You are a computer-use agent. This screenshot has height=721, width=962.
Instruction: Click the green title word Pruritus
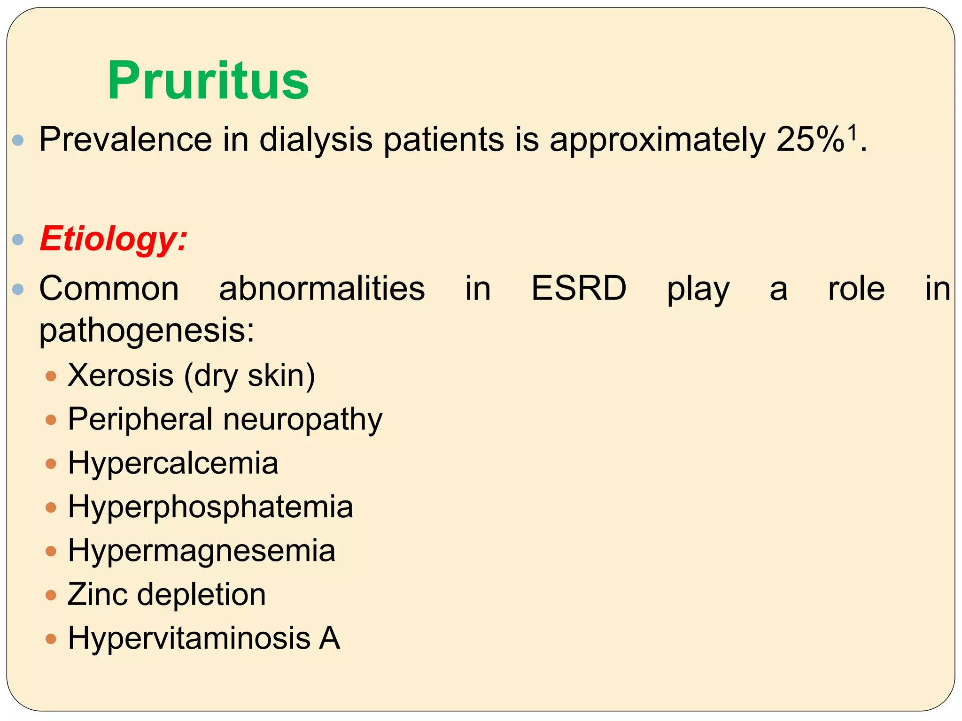pyautogui.click(x=208, y=81)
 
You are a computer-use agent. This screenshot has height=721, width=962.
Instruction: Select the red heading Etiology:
pyautogui.click(x=114, y=239)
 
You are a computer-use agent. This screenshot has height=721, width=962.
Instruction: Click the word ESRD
pyautogui.click(x=579, y=288)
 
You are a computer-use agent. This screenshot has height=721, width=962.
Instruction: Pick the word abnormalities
pyautogui.click(x=322, y=288)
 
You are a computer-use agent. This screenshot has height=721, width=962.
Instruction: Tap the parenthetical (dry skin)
pyautogui.click(x=249, y=376)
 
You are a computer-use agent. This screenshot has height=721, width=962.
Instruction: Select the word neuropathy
pyautogui.click(x=303, y=419)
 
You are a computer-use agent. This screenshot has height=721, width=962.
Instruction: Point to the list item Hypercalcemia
pyautogui.click(x=173, y=463)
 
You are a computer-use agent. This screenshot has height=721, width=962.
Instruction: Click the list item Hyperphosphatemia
pyautogui.click(x=210, y=507)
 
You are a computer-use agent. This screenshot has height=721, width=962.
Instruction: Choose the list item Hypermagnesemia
pyautogui.click(x=202, y=551)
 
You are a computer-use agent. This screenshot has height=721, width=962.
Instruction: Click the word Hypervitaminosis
pyautogui.click(x=189, y=638)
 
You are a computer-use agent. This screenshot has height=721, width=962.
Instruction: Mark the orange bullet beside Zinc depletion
pyautogui.click(x=51, y=595)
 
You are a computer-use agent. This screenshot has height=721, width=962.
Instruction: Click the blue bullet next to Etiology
pyautogui.click(x=18, y=240)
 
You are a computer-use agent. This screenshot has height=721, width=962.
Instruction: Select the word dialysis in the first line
pyautogui.click(x=316, y=139)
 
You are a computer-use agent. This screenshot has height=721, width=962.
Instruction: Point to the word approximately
pyautogui.click(x=658, y=140)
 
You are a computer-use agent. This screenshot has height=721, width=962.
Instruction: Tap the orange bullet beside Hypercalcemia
pyautogui.click(x=51, y=464)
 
